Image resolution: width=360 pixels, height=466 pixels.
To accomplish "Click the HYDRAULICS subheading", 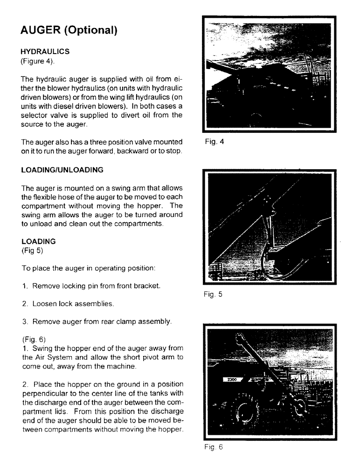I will tap(45, 52).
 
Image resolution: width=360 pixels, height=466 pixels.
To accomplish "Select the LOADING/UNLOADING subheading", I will tap(62, 170).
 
